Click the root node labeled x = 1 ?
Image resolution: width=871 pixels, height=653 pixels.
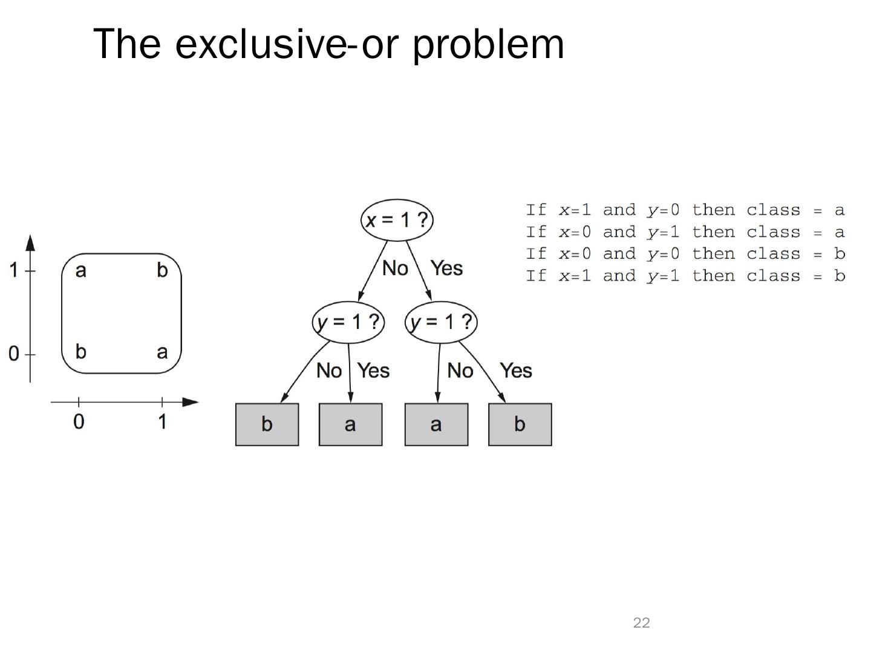[397, 219]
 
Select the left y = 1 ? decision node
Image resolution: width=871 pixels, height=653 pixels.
[348, 322]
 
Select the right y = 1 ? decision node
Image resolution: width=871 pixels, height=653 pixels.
[441, 322]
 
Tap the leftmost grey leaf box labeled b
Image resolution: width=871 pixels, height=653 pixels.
[267, 424]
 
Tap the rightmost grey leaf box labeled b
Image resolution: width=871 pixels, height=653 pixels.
[520, 424]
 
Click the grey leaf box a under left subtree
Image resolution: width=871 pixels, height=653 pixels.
[350, 424]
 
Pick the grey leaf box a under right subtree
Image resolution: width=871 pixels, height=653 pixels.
[436, 424]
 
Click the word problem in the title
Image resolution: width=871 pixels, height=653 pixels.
[488, 44]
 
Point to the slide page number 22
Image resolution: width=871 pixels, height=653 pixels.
[641, 623]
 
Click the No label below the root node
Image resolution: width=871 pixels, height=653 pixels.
[395, 268]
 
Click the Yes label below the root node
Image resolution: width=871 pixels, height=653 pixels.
[446, 268]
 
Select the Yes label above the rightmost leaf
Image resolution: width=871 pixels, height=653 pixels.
[515, 371]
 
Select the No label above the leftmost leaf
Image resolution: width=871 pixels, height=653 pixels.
[329, 371]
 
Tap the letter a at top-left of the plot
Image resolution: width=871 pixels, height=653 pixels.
[80, 270]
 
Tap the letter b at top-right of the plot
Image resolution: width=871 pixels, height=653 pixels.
[161, 270]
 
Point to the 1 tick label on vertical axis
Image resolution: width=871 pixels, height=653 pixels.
[13, 270]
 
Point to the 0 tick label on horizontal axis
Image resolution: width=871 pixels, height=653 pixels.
[79, 421]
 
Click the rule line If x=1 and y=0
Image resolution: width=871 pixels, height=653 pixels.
[685, 210]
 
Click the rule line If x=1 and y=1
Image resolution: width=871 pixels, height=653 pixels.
[685, 276]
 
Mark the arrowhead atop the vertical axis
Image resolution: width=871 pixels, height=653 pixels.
[30, 242]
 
